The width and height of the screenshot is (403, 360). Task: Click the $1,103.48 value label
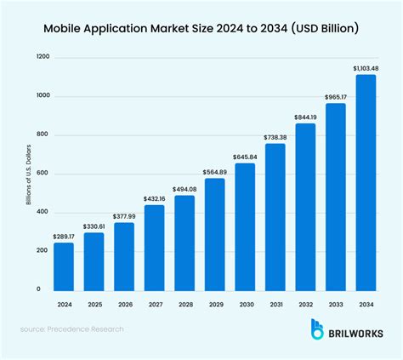(x=366, y=67)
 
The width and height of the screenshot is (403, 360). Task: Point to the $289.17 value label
(x=64, y=236)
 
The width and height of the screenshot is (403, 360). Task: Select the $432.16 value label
(x=154, y=197)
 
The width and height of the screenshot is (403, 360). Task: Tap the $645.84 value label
(x=245, y=157)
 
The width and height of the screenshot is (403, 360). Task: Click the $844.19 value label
(x=305, y=117)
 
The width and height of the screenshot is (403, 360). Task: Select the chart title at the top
(x=201, y=28)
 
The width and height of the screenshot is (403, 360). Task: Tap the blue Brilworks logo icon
(x=318, y=330)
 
